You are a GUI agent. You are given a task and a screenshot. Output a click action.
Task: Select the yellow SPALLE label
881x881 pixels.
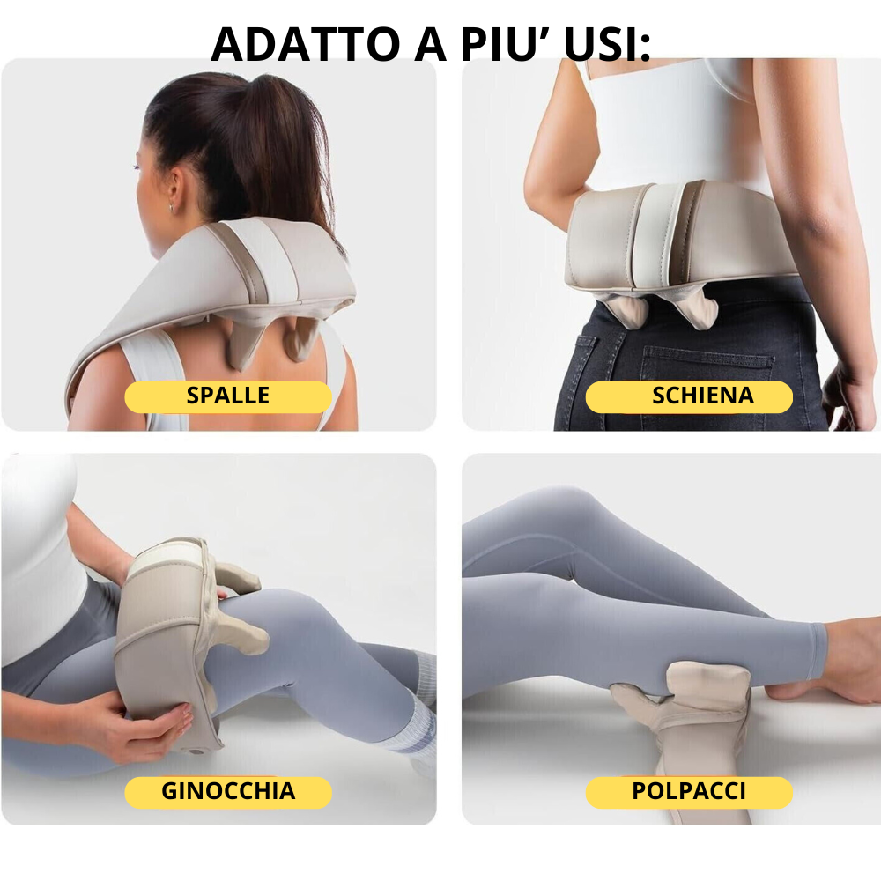(x=227, y=396)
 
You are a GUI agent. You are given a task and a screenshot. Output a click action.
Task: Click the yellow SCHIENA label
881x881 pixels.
(x=689, y=396)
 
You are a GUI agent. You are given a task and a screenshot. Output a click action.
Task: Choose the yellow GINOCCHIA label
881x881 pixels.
(x=227, y=792)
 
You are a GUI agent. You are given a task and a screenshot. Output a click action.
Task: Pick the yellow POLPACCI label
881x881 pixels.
(x=689, y=792)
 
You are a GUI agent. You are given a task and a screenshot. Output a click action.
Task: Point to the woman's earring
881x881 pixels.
(x=170, y=208)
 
